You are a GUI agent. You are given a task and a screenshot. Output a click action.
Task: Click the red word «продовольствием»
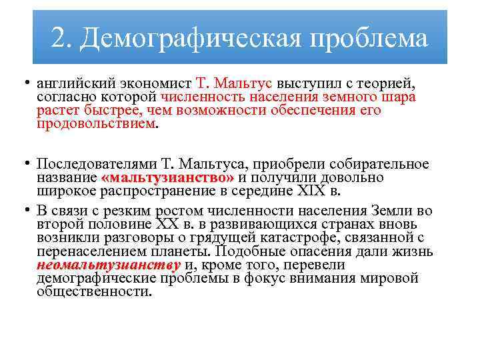(95, 123)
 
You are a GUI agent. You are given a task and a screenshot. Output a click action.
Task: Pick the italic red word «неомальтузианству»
(109, 265)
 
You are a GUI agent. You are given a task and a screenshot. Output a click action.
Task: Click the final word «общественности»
(95, 291)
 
